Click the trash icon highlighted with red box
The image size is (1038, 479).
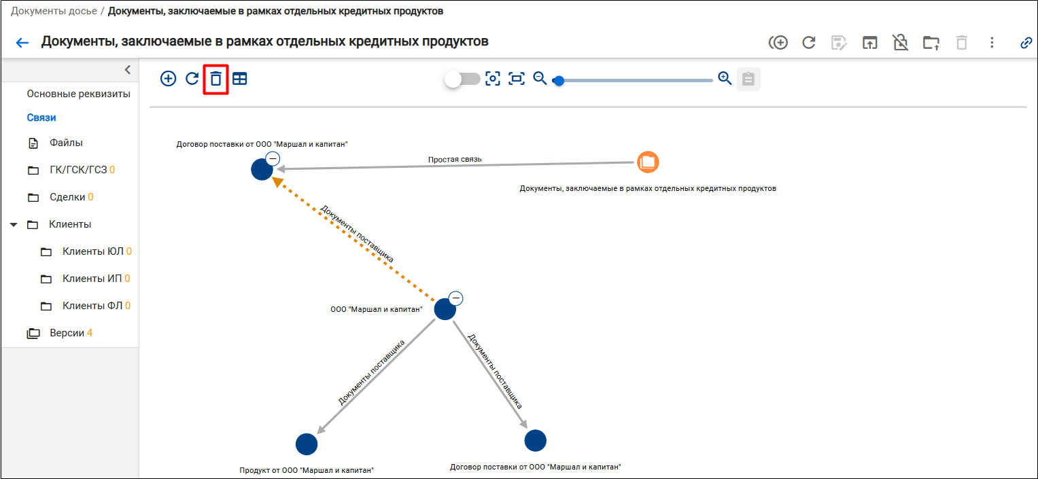pyautogui.click(x=215, y=79)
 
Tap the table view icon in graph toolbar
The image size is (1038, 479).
pyautogui.click(x=239, y=79)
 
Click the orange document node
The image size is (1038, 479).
pyautogui.click(x=648, y=162)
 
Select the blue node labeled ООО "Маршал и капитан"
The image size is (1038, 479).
pyautogui.click(x=445, y=309)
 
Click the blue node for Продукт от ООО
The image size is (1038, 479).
pyautogui.click(x=307, y=444)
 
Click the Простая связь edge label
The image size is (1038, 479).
pyautogui.click(x=455, y=160)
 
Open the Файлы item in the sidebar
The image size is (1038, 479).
pyautogui.click(x=66, y=143)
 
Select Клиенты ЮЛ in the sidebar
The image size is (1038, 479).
pyautogui.click(x=92, y=251)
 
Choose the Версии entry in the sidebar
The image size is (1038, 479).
pyautogui.click(x=67, y=333)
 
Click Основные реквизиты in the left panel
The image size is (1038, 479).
pyautogui.click(x=78, y=94)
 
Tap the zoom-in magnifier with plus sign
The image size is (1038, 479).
pyautogui.click(x=725, y=78)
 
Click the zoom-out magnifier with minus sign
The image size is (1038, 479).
pyautogui.click(x=540, y=78)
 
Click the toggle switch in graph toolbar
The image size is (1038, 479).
pyautogui.click(x=462, y=79)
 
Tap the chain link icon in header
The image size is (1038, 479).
pyautogui.click(x=1026, y=43)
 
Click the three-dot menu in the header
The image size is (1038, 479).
pyautogui.click(x=992, y=43)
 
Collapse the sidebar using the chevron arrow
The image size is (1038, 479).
pyautogui.click(x=127, y=70)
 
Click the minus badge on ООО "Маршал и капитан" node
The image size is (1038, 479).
pyautogui.click(x=456, y=298)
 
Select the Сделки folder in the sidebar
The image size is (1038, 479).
pyautogui.click(x=67, y=197)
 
